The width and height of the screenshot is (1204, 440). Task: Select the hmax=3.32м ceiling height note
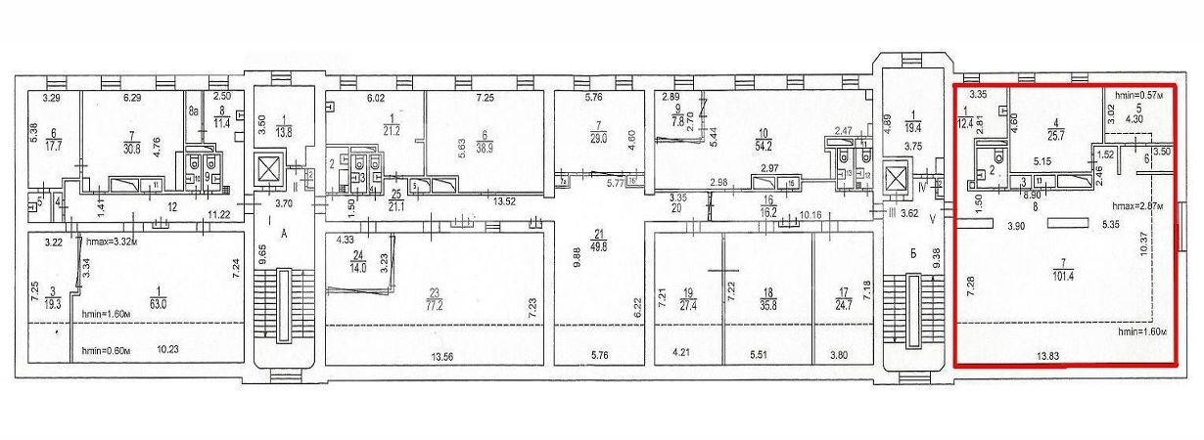tap(113, 241)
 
